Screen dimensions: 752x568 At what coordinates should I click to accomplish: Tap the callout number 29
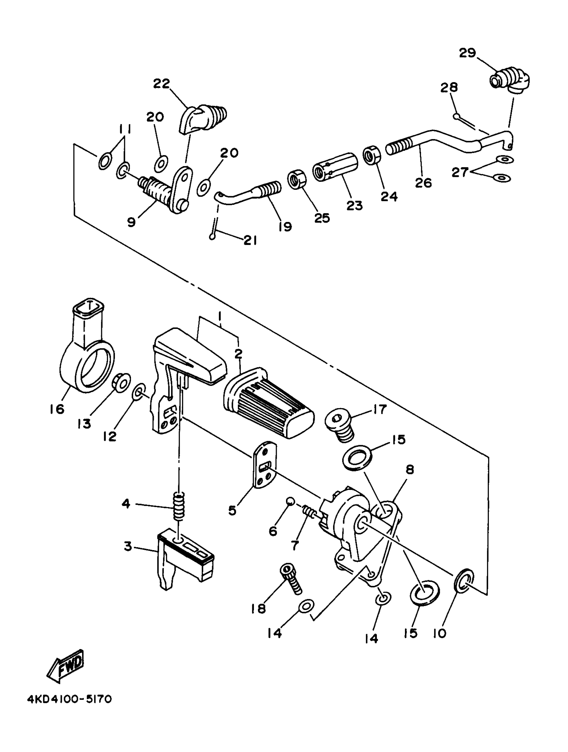467,53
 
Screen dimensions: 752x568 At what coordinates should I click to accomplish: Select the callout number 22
161,84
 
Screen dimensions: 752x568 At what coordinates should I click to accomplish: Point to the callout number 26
423,182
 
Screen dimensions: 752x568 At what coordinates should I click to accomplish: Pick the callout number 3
128,547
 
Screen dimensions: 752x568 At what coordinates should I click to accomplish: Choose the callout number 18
258,609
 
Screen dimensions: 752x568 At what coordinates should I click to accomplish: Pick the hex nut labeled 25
297,179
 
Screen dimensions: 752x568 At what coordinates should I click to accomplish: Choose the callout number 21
250,240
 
